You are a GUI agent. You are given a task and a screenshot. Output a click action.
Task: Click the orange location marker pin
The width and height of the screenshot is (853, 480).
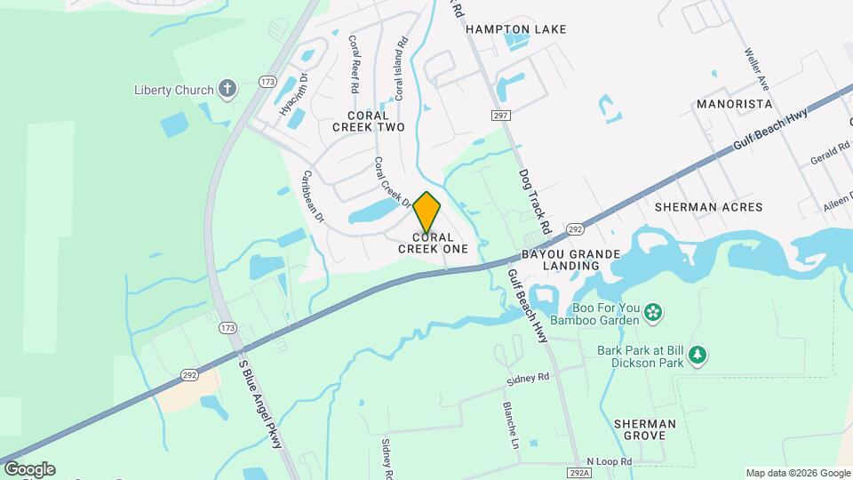tap(427, 212)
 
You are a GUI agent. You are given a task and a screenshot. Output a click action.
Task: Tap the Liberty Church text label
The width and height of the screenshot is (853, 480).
tap(173, 90)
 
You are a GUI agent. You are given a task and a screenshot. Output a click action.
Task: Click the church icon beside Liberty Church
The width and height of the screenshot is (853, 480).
tap(227, 89)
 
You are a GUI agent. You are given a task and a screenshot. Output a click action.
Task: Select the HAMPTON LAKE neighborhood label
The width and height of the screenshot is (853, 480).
tap(516, 29)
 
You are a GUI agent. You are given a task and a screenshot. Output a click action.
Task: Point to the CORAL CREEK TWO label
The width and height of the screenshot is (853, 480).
tap(369, 121)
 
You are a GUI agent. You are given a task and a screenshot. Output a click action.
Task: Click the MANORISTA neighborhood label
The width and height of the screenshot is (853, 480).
tap(734, 104)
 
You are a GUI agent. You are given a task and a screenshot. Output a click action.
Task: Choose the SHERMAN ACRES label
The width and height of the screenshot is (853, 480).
tap(708, 207)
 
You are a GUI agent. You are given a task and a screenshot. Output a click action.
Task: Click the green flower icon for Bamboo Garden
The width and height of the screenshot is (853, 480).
tap(653, 312)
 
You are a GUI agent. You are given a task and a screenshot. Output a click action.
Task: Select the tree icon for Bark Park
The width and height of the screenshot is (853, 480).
tap(698, 356)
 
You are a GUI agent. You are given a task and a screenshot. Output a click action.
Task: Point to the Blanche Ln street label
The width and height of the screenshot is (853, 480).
tap(511, 423)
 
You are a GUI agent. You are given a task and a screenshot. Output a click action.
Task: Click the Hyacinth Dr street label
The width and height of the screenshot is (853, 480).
tap(292, 95)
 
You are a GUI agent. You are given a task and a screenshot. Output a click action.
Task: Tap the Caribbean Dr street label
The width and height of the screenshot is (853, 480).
tap(314, 196)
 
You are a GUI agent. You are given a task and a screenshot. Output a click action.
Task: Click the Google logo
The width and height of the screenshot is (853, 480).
tap(28, 469)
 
